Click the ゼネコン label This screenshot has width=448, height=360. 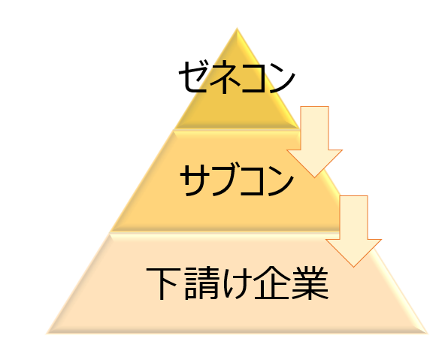coord(237,77)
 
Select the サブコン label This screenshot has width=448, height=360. coord(237,180)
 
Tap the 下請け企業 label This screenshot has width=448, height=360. coord(237,283)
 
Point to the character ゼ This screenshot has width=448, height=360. coord(193,77)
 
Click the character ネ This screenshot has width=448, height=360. coord(224,77)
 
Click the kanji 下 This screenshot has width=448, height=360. coord(162,283)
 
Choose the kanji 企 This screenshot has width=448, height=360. coord(272,283)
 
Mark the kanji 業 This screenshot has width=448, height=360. coord(310,283)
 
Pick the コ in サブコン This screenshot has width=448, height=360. coord(252,181)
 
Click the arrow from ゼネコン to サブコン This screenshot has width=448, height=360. coord(314,142)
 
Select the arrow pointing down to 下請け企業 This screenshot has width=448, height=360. coord(354,231)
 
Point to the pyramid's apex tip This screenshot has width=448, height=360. coord(237,28)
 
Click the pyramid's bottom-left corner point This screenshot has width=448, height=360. coord(47,334)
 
